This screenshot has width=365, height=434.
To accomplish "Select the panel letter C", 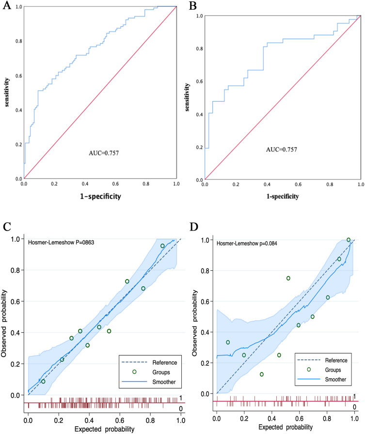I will (x=7, y=228).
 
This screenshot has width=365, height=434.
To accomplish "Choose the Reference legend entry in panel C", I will (x=154, y=362).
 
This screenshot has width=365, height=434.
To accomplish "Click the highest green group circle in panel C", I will (x=163, y=246).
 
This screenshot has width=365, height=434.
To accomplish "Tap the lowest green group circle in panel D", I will (x=262, y=374).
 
